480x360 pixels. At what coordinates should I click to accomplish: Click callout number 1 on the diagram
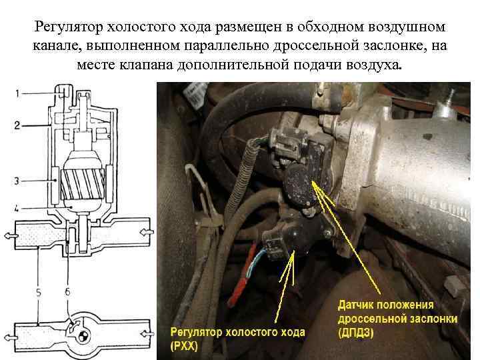[x=17, y=93]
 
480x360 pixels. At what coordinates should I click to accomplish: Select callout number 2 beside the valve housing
[x=17, y=125]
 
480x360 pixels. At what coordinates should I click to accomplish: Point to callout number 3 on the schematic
[x=17, y=181]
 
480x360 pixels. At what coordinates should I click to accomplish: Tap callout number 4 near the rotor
[x=17, y=209]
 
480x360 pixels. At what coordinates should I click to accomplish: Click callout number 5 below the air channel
[x=39, y=293]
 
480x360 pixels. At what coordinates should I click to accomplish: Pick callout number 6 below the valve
[x=67, y=293]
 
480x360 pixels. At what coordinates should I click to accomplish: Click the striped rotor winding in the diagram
[x=83, y=185]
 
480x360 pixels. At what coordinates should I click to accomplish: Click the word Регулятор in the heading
[x=69, y=27]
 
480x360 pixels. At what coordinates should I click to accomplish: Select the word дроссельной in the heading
[x=316, y=45]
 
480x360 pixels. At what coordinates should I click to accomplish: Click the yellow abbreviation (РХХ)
[x=184, y=346]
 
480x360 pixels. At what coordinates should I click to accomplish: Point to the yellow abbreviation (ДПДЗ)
[x=356, y=333]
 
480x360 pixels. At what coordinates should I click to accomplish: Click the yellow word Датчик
[x=355, y=305]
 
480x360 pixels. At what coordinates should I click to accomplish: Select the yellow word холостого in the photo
[x=251, y=332]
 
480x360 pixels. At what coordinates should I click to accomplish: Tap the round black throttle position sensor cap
[x=300, y=186]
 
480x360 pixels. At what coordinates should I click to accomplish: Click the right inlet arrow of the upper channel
[x=147, y=233]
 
